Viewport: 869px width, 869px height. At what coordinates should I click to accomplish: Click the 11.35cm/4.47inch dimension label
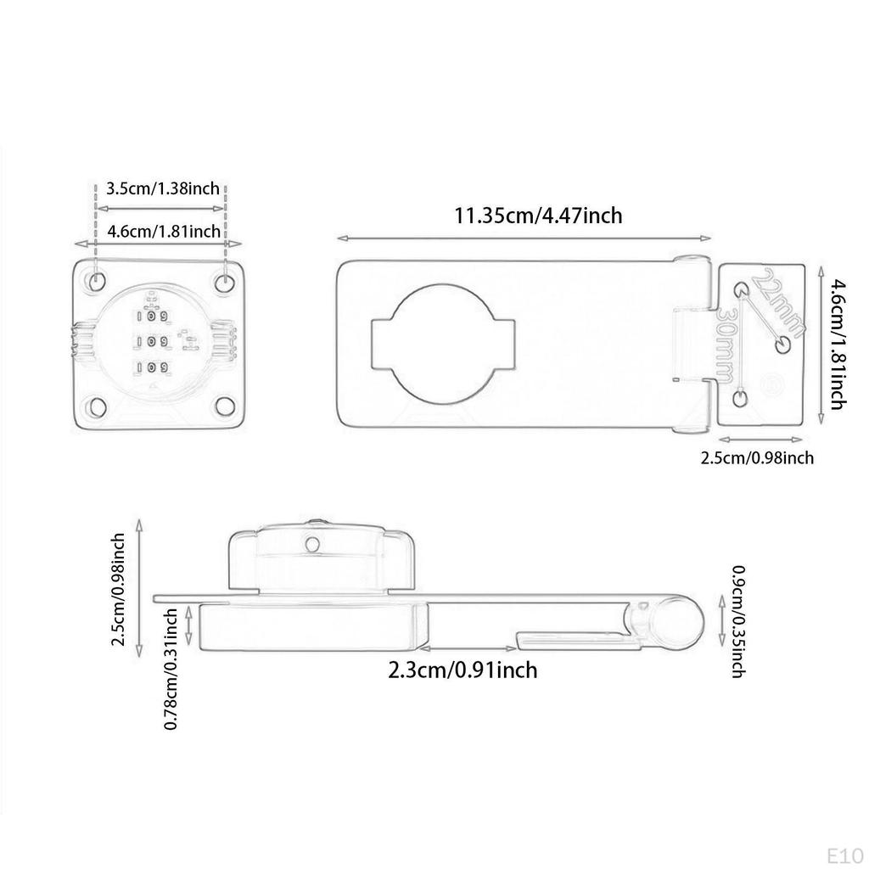pyautogui.click(x=538, y=216)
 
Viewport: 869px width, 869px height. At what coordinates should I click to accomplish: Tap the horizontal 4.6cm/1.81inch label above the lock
pyautogui.click(x=164, y=231)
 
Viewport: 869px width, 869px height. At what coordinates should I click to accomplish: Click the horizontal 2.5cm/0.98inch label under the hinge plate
pyautogui.click(x=756, y=458)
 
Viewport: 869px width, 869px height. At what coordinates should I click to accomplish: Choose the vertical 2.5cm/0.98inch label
pyautogui.click(x=120, y=589)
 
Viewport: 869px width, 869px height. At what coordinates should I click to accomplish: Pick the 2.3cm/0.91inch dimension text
pyautogui.click(x=463, y=670)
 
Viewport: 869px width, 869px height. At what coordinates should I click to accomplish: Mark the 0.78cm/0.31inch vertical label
pyautogui.click(x=171, y=668)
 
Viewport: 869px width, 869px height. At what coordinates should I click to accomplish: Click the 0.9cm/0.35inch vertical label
pyautogui.click(x=737, y=621)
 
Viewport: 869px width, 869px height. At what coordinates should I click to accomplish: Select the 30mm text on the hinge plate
pyautogui.click(x=728, y=344)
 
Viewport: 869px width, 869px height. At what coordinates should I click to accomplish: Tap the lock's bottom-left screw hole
pyautogui.click(x=97, y=406)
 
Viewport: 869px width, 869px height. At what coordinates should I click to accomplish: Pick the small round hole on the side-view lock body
pyautogui.click(x=313, y=543)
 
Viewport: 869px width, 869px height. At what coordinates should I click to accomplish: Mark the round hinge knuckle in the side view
pyautogui.click(x=680, y=619)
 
